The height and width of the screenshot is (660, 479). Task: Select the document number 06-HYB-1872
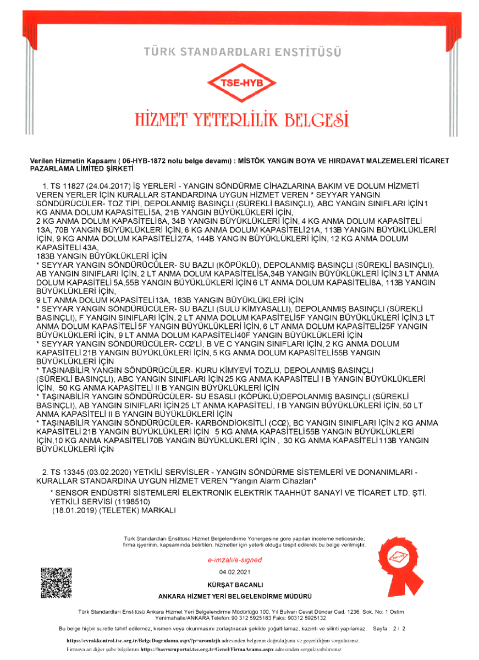coord(147,161)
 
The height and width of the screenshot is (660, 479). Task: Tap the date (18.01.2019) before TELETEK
coord(75,510)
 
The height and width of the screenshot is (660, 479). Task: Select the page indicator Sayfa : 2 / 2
coord(389,628)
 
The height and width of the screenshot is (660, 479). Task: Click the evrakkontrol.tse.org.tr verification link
coord(136,640)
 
